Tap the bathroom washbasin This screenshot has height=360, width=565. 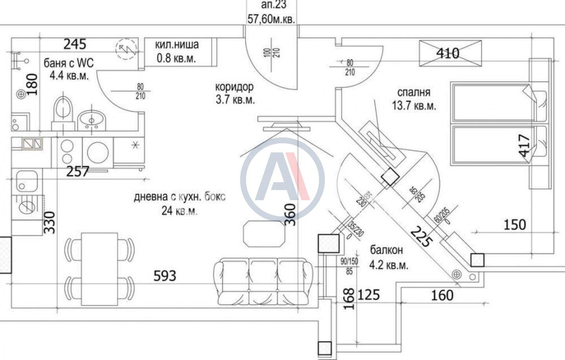(x=91, y=121)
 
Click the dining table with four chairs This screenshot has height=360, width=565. (x=99, y=269)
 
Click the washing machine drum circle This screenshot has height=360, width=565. (x=98, y=152)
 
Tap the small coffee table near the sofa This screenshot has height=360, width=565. (x=264, y=234)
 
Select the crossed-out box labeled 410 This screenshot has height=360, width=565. (x=450, y=53)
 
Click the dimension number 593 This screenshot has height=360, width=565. (x=165, y=276)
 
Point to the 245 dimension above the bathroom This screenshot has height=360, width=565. (x=75, y=44)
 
